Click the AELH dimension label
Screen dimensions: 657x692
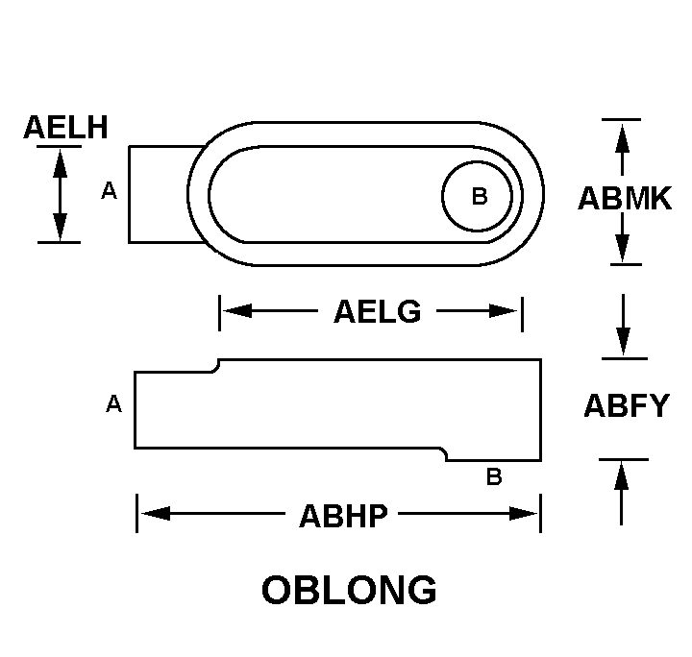coord(65,127)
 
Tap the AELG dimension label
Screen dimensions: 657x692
coord(378,311)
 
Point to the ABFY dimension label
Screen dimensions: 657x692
coord(626,406)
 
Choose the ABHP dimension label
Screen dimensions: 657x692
coord(344,515)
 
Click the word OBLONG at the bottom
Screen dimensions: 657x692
coord(349,590)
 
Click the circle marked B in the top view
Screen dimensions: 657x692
coord(479,197)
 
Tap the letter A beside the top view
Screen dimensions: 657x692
coord(110,192)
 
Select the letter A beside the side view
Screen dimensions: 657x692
coord(114,404)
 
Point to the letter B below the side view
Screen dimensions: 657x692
coord(494,476)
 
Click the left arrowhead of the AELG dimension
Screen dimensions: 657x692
coord(236,311)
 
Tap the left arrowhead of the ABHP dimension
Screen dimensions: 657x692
coord(155,514)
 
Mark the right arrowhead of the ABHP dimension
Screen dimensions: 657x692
coord(523,514)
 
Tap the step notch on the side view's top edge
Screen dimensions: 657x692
coord(217,364)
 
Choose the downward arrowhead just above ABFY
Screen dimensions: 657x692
coord(623,340)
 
